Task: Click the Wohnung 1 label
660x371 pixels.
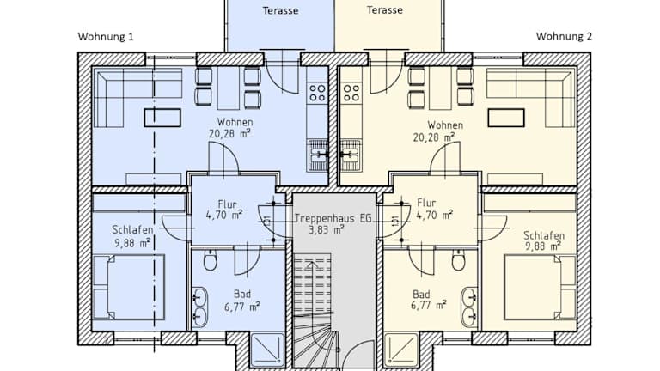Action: (x=106, y=37)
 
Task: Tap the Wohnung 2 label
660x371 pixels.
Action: (x=564, y=37)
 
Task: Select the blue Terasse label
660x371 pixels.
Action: (x=281, y=10)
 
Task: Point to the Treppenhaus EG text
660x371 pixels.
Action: (x=333, y=218)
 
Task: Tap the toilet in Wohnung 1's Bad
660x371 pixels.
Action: (x=210, y=261)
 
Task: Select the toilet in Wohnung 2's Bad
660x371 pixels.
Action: (x=459, y=261)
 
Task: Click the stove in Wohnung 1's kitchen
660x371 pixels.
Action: (x=317, y=93)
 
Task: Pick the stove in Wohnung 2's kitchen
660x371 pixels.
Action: (x=351, y=93)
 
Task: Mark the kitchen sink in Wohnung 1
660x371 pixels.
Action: (x=318, y=155)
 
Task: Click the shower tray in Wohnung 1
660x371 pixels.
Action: (x=267, y=350)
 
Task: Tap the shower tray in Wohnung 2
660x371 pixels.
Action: (x=401, y=350)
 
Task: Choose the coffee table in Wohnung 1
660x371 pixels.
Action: (x=162, y=118)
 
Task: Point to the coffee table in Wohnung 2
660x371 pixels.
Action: (x=506, y=118)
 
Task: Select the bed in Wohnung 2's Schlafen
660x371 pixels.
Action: (x=541, y=288)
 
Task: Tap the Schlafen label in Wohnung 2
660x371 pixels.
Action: (x=544, y=235)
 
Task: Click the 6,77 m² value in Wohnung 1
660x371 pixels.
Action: (x=242, y=307)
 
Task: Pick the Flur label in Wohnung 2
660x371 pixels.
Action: (x=426, y=204)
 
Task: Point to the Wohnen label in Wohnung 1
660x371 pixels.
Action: (x=235, y=123)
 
